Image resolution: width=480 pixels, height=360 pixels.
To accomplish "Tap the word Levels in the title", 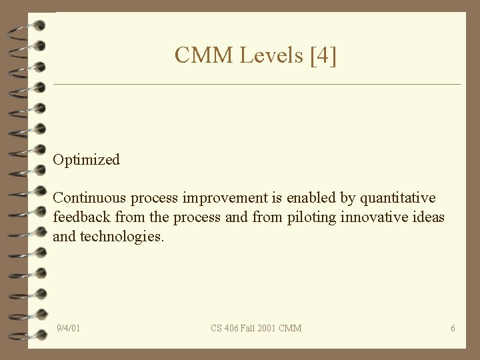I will pyautogui.click(x=270, y=55).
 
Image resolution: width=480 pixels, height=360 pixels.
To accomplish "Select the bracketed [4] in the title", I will pyautogui.click(x=323, y=55).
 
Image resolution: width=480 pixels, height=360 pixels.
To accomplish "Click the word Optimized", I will pyautogui.click(x=87, y=160).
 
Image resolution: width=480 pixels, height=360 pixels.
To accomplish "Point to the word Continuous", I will pyautogui.click(x=89, y=198).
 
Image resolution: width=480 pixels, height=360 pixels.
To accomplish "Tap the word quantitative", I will pyautogui.click(x=398, y=198).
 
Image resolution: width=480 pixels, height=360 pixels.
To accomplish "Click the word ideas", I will pyautogui.click(x=429, y=217).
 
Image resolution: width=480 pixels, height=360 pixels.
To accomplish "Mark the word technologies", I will pyautogui.click(x=121, y=237).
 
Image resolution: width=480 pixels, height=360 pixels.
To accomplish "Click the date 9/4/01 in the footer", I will pyautogui.click(x=69, y=328).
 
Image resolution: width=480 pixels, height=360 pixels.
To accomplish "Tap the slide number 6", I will pyautogui.click(x=453, y=328).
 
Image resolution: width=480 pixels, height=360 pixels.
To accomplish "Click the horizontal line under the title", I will pyautogui.click(x=257, y=85).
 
